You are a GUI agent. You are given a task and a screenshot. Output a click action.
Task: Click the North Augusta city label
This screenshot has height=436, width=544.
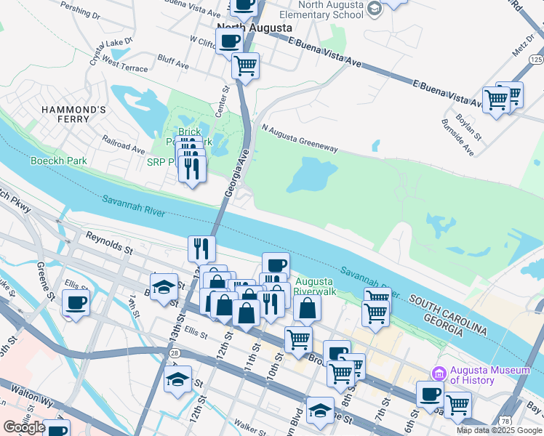point(255,27)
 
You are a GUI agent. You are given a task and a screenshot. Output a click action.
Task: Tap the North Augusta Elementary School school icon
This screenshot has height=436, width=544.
point(374,8)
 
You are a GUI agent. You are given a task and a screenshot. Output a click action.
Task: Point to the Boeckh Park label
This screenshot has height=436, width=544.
point(58,161)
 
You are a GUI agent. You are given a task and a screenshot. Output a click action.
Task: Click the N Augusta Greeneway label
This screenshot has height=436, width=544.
point(300,138)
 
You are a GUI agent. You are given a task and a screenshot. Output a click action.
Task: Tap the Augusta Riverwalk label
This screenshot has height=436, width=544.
point(314,286)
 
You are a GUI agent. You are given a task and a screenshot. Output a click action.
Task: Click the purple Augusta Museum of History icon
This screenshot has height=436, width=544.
point(439,374)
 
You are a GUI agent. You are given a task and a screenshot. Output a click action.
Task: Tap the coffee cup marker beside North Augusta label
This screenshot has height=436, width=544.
point(229,41)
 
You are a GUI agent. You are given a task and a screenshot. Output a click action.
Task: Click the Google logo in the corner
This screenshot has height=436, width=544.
point(24,427)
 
